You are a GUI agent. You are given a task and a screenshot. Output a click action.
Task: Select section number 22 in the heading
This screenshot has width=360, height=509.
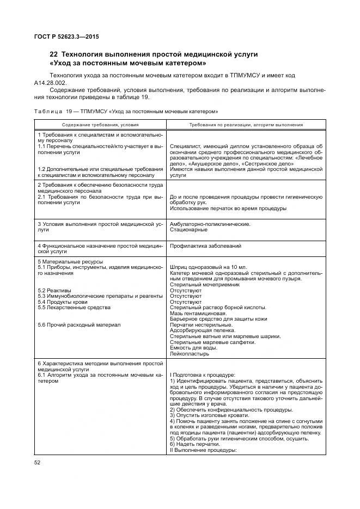(53, 54)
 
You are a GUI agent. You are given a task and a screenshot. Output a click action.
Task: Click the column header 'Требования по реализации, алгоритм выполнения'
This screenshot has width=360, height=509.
(246, 125)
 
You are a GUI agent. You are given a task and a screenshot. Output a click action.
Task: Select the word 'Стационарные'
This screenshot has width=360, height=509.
(188, 230)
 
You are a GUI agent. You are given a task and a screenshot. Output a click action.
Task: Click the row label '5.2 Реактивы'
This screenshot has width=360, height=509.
(54, 290)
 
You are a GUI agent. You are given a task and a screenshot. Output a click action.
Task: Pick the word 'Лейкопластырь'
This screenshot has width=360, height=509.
(190, 353)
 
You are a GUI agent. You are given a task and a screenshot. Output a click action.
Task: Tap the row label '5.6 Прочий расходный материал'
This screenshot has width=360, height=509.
(79, 324)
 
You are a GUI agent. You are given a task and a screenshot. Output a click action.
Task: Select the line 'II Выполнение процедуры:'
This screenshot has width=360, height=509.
(203, 450)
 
